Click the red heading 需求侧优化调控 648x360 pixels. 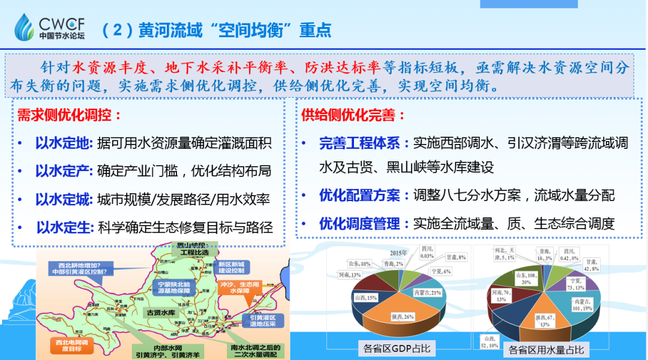[70, 116]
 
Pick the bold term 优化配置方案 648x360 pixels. [359, 196]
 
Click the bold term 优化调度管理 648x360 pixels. [359, 224]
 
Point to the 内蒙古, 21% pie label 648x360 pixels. [428, 292]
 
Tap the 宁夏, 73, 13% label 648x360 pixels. [575, 283]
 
